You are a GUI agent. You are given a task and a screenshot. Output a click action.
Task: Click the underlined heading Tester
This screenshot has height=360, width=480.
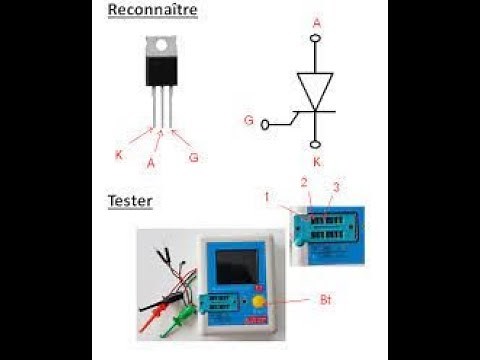click(130, 201)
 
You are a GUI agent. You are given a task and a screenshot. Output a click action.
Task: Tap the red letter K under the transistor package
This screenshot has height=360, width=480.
click(119, 155)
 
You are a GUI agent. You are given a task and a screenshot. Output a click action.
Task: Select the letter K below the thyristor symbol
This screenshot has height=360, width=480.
click(316, 161)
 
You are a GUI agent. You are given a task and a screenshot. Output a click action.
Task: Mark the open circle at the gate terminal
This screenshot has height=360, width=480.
click(266, 125)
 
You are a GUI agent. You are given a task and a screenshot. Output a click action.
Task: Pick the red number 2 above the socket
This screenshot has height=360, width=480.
click(304, 182)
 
